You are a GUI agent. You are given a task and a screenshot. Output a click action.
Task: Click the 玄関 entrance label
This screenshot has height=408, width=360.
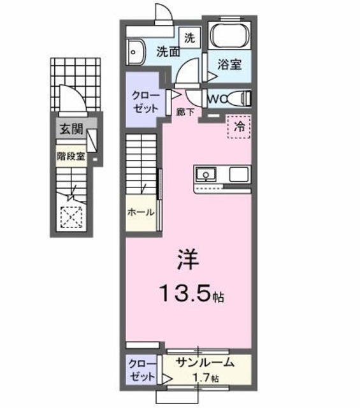72,129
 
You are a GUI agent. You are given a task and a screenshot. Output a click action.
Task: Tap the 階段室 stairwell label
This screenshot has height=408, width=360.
71,155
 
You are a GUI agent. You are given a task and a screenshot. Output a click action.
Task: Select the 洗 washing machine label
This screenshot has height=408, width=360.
189,37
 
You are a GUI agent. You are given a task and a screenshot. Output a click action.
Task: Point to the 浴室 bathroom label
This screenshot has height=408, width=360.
230,65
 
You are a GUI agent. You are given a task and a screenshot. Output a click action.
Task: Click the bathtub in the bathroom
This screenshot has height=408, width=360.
230,37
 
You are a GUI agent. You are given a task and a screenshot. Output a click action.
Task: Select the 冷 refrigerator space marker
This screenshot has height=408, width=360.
240,126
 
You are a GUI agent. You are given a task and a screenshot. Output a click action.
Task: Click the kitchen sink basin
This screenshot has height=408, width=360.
206,174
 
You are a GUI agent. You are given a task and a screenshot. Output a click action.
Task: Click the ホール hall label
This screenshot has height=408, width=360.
140,212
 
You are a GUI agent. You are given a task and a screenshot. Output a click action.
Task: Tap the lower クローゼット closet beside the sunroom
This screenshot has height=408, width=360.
141,369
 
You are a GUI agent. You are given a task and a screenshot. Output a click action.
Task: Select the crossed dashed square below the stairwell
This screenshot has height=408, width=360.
71,217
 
